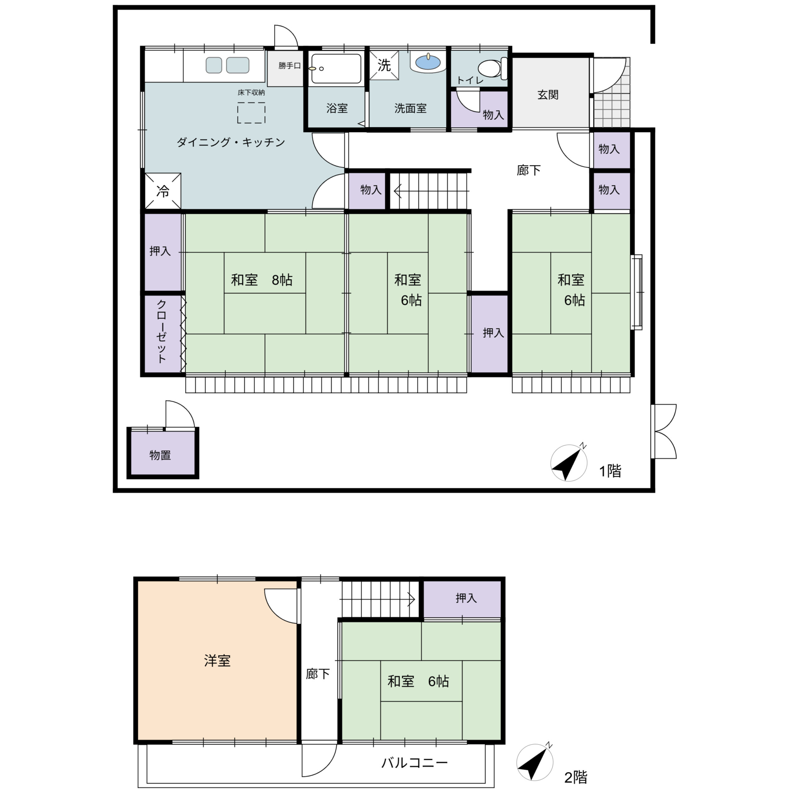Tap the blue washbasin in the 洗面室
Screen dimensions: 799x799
[x=428, y=62]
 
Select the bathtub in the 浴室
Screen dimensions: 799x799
[x=336, y=69]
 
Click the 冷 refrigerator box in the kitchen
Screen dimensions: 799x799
[x=163, y=191]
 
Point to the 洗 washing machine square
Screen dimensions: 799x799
[x=384, y=65]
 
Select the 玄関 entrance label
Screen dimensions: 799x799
[x=548, y=95]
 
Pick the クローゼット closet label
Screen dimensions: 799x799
[x=161, y=332]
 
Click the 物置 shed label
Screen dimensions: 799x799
[x=160, y=455]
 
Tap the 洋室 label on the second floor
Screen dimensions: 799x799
[x=217, y=660]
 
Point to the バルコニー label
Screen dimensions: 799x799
[x=414, y=762]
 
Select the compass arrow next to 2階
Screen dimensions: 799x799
[x=535, y=762]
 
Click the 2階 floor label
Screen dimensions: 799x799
[x=576, y=777]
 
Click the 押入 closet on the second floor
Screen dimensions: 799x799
[x=462, y=598]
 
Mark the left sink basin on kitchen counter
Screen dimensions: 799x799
[x=214, y=65]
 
